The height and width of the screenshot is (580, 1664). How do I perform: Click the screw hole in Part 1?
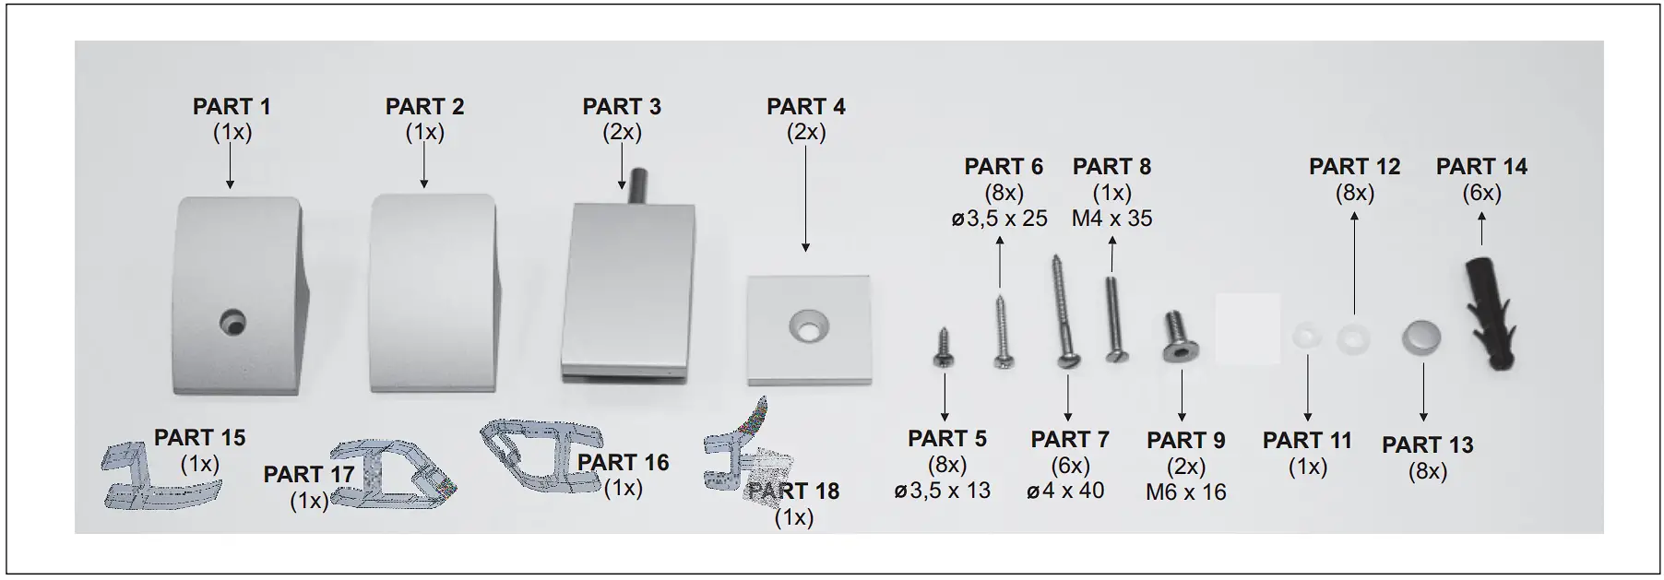click(232, 322)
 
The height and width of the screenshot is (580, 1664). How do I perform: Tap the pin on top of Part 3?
click(635, 185)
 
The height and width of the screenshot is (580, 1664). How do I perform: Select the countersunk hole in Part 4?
click(808, 326)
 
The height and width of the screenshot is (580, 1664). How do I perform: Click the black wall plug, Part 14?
click(1487, 314)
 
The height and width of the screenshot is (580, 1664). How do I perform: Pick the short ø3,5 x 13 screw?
click(943, 349)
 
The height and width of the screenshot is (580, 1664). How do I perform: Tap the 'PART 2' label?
click(424, 107)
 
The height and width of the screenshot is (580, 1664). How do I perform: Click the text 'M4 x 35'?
click(1111, 219)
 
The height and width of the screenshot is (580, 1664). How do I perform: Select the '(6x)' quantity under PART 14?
click(1481, 193)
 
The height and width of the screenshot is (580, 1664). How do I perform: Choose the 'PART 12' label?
click(1354, 167)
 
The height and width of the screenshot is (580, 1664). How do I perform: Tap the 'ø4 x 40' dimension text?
click(1065, 491)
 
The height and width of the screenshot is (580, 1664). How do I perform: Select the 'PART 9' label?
click(1185, 441)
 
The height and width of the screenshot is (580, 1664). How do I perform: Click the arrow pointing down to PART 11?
click(1307, 387)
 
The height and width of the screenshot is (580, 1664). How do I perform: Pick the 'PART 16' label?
click(623, 462)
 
